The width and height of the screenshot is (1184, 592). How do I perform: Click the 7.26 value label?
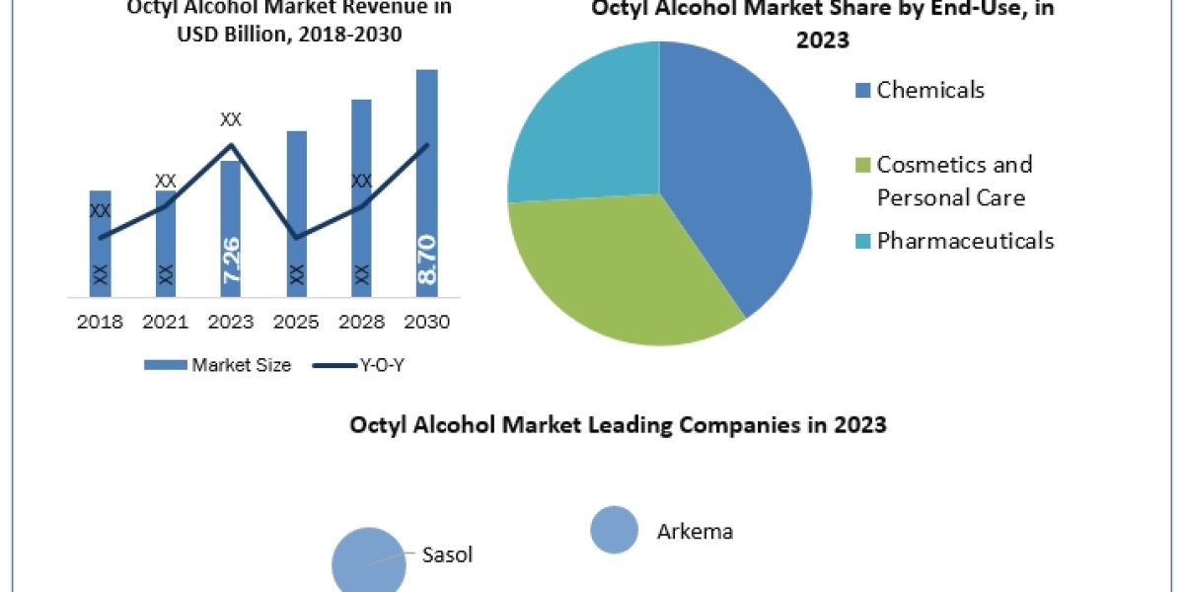[x=231, y=260]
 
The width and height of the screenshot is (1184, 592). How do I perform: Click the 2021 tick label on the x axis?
[x=166, y=323]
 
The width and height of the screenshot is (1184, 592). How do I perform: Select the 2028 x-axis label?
[x=361, y=323]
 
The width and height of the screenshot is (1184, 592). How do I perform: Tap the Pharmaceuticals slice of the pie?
[x=587, y=128]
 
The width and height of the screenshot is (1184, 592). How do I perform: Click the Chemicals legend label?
[x=929, y=90]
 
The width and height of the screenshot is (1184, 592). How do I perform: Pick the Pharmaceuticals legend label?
[x=964, y=240]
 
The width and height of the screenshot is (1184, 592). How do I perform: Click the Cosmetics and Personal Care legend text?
[x=953, y=181]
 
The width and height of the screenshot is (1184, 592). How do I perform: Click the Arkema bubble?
[x=614, y=530]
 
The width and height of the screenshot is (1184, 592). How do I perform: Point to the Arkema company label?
[x=695, y=532]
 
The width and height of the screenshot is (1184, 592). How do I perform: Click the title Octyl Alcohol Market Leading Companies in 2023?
[x=618, y=425]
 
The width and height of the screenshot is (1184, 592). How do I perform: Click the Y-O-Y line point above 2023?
[x=231, y=145]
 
